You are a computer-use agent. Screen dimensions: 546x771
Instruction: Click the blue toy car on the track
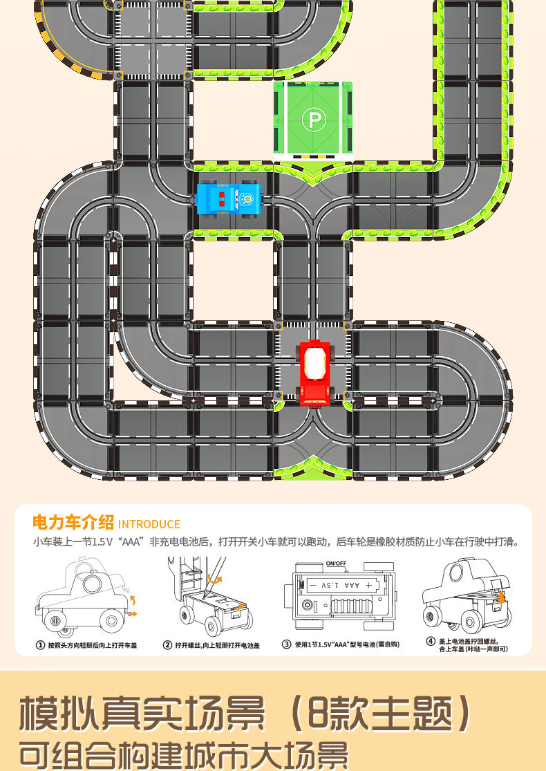point(229,199)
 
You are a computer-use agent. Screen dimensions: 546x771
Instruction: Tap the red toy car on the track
point(315,371)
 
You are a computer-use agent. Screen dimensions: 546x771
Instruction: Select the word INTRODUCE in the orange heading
point(149,524)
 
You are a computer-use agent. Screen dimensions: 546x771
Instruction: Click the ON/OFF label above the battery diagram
point(336,563)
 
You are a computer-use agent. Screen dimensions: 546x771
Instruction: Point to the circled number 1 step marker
point(40,645)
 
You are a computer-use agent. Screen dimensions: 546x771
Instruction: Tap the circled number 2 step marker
point(167,645)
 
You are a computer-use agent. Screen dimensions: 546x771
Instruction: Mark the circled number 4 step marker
point(431,641)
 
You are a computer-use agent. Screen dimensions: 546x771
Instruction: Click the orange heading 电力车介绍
point(73,523)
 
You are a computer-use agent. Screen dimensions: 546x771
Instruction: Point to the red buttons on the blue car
point(221,199)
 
